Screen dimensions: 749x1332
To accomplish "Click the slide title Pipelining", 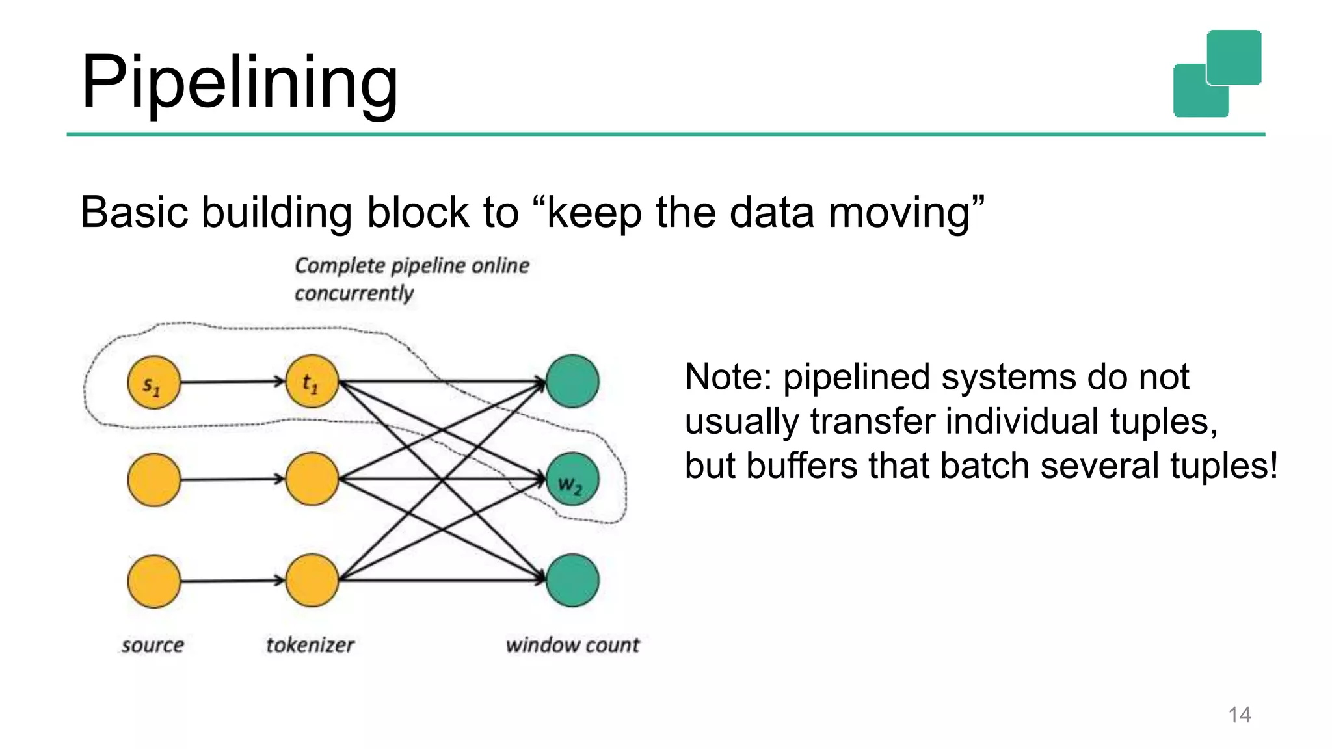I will (x=239, y=83).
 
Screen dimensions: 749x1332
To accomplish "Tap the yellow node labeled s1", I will (x=153, y=383).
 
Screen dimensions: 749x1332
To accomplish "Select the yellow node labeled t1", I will (x=312, y=382).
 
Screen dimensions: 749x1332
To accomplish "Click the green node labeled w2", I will (x=572, y=480).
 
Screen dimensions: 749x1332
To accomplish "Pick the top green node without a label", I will (x=572, y=381).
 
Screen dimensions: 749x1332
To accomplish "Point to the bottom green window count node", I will (x=572, y=580).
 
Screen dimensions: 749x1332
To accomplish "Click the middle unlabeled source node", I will (x=154, y=480).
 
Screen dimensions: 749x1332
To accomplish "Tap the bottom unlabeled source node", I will (x=154, y=581).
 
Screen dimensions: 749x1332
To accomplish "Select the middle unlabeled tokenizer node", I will (x=312, y=479).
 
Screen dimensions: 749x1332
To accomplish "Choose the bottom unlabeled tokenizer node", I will (x=312, y=580).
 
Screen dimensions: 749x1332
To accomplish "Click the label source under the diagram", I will (x=152, y=645).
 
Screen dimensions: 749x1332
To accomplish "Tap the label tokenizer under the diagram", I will (x=310, y=645).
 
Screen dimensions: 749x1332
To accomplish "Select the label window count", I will (x=572, y=645).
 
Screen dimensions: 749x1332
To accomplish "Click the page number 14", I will (x=1239, y=715).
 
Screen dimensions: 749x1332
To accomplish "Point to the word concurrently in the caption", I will (x=354, y=294).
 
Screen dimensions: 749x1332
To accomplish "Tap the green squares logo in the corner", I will (x=1217, y=73).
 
